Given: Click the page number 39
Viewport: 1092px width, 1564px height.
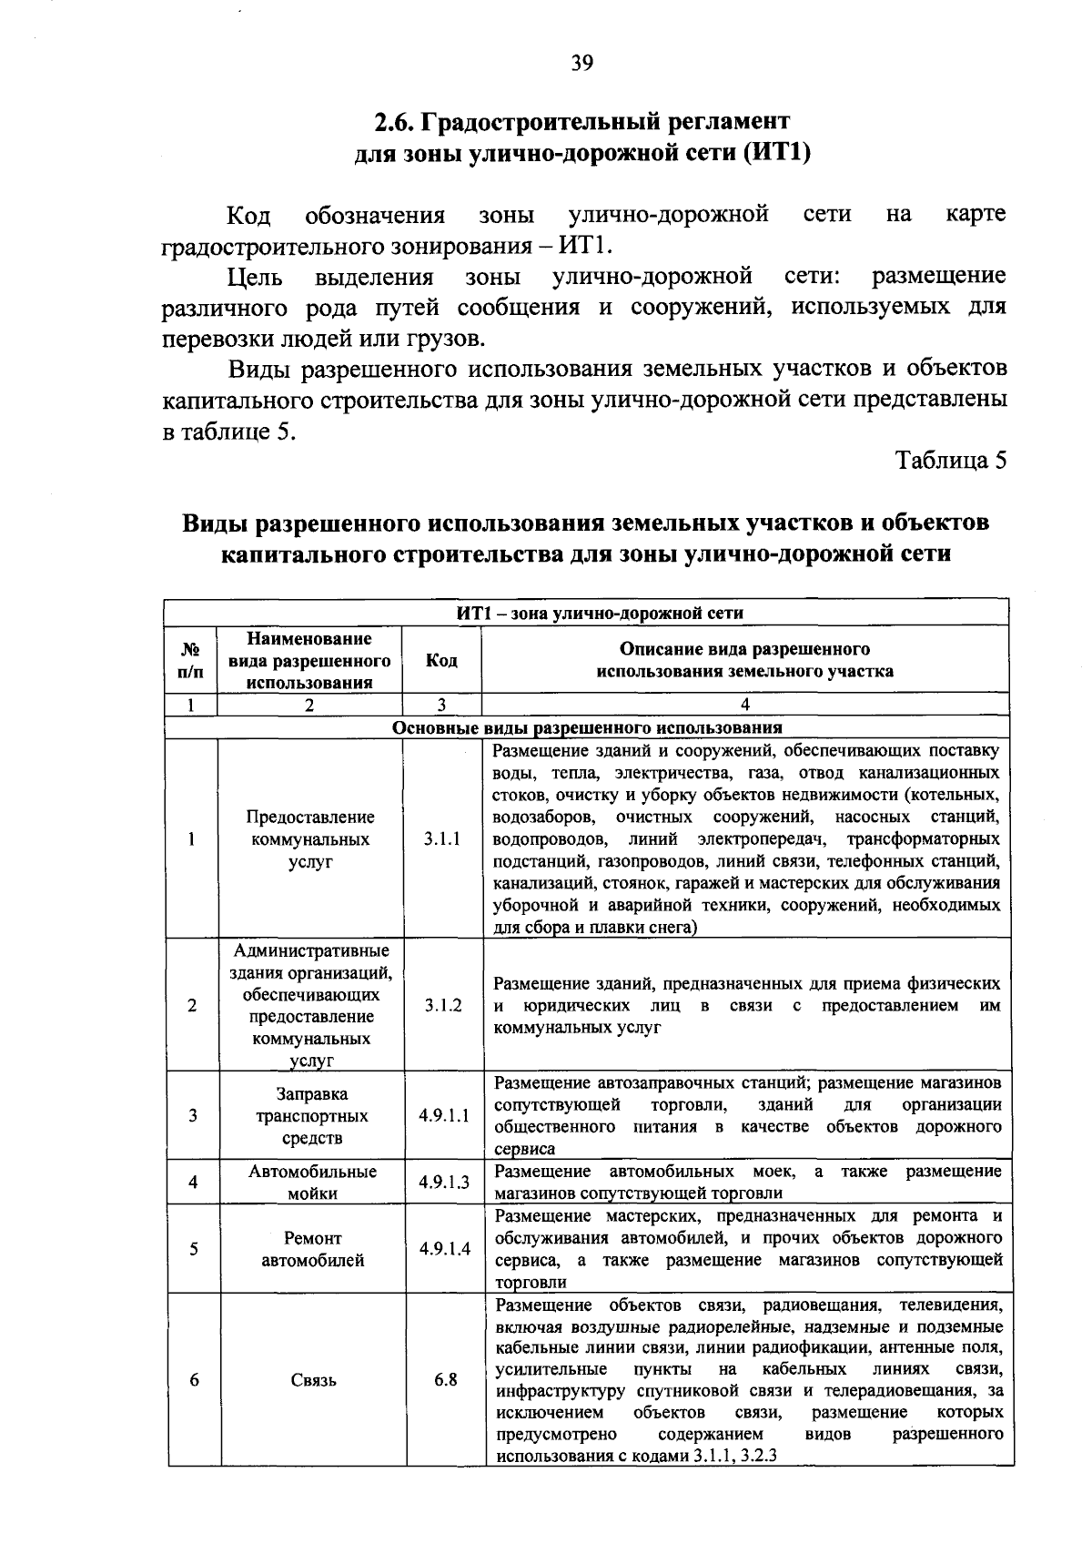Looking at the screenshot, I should (x=582, y=63).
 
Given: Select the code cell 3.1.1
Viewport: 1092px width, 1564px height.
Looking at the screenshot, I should (x=441, y=838).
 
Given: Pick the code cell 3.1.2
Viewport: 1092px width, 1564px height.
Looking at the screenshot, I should (x=443, y=1005).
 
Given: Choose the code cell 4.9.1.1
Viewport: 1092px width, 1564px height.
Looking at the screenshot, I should (x=444, y=1116).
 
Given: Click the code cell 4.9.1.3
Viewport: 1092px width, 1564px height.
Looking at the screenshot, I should (x=444, y=1183).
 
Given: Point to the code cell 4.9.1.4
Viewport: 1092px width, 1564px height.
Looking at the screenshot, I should (x=445, y=1249).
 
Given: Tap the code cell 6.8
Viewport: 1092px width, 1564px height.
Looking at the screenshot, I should (x=445, y=1379).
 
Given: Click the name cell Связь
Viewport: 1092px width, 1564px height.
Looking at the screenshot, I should (x=313, y=1380).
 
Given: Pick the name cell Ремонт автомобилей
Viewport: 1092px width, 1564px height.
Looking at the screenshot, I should (x=312, y=1249).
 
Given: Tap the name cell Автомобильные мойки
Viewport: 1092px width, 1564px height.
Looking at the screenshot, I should (x=312, y=1183).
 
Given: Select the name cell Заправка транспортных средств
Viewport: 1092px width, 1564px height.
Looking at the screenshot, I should (x=312, y=1116).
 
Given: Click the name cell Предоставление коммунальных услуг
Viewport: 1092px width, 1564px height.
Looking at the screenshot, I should (x=310, y=838).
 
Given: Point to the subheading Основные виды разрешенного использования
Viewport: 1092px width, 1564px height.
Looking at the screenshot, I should (x=587, y=728).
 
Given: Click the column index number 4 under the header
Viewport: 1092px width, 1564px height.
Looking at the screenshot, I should (x=744, y=705).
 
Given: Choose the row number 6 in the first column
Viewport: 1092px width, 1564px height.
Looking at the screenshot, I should (x=194, y=1380).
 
